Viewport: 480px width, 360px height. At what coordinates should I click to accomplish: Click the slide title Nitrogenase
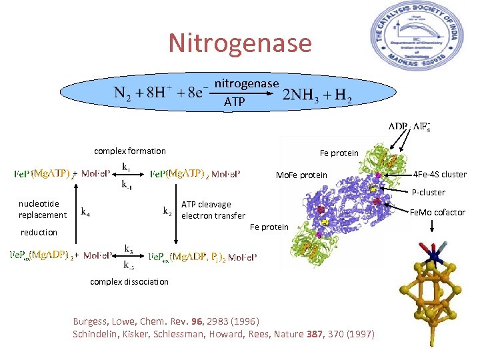(240, 43)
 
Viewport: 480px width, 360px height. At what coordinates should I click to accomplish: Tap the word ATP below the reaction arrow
(235, 102)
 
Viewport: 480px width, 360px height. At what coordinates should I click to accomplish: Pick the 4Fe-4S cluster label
(440, 175)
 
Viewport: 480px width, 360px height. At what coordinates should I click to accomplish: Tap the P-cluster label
(428, 193)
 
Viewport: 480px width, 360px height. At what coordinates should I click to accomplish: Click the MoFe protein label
(302, 176)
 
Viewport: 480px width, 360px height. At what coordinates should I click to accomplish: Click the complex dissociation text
(129, 282)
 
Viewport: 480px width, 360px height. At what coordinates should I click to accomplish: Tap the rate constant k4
(86, 213)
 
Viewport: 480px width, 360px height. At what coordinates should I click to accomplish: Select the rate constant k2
(168, 212)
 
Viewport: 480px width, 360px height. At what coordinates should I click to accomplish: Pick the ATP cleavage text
(206, 205)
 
